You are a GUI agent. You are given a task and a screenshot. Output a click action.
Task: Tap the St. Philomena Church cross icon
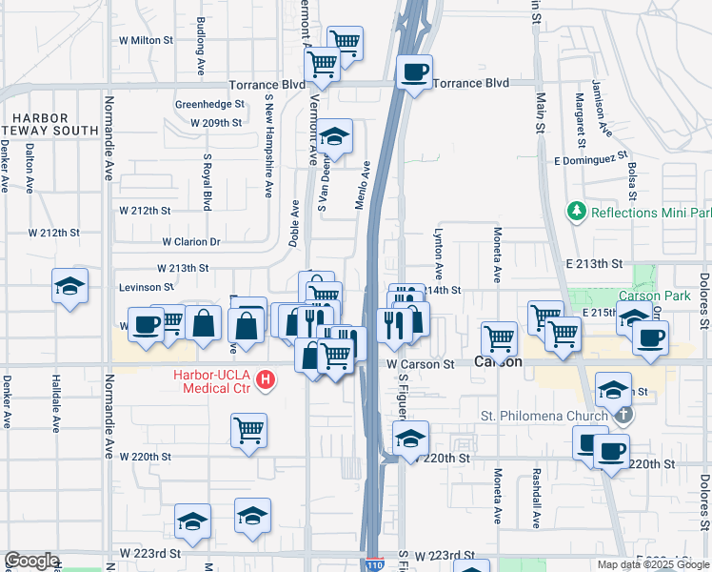(623, 415)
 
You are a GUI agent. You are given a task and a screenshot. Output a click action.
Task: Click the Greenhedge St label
(209, 104)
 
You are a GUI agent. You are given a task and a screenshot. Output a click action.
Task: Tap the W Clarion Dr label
(190, 242)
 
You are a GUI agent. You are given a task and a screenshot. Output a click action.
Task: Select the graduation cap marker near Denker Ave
(69, 287)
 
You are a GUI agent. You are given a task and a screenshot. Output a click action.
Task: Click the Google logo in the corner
(31, 562)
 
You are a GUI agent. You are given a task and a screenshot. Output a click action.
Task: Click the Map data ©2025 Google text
(652, 564)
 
